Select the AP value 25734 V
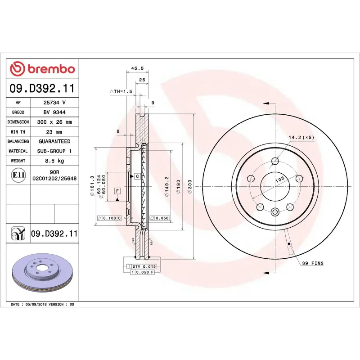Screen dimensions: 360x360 pos(54,103)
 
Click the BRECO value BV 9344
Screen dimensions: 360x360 pos(54,112)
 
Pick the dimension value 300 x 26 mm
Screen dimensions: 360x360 pos(54,122)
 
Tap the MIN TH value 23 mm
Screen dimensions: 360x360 pos(54,132)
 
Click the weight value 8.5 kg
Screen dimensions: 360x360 pos(54,161)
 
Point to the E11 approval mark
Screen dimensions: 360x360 pos(18,175)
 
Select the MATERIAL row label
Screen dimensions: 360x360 pos(18,151)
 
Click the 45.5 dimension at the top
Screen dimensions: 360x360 pos(137,68)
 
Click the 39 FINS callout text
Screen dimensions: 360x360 pos(312,263)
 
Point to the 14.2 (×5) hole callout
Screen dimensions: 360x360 pos(301,137)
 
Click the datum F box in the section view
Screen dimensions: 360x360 pos(117,191)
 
